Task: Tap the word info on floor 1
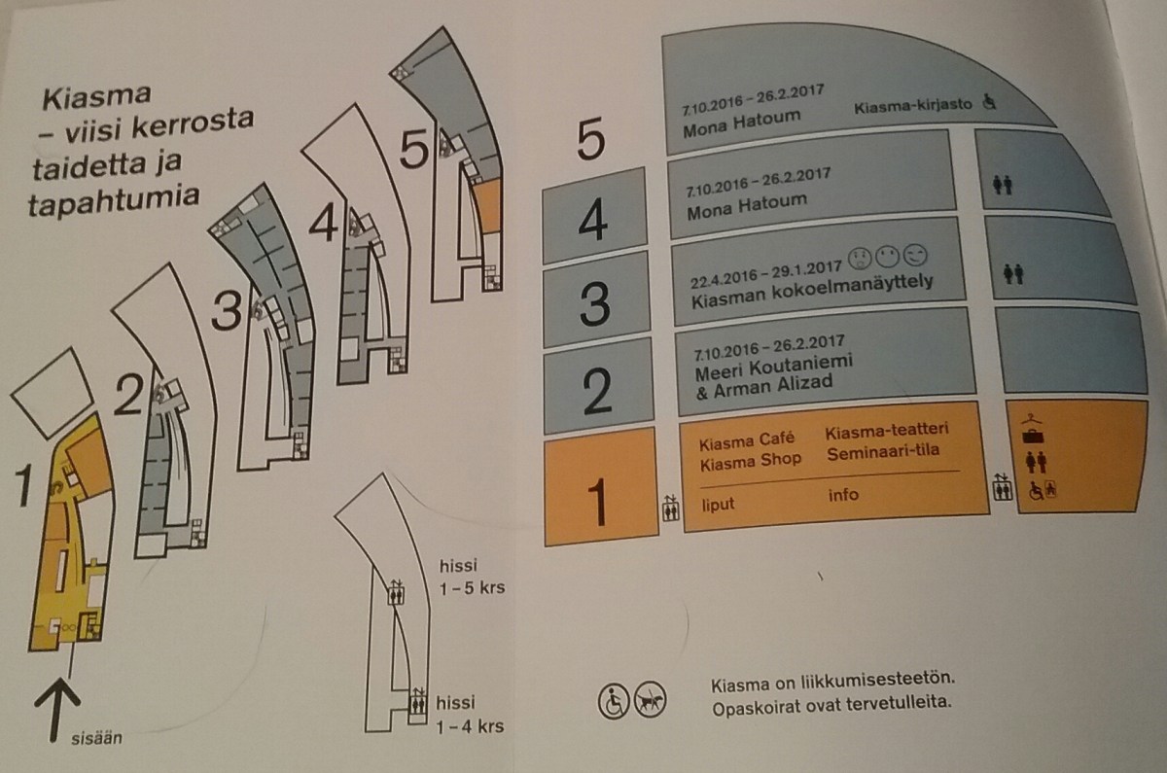click(x=843, y=496)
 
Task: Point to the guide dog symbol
click(x=647, y=700)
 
